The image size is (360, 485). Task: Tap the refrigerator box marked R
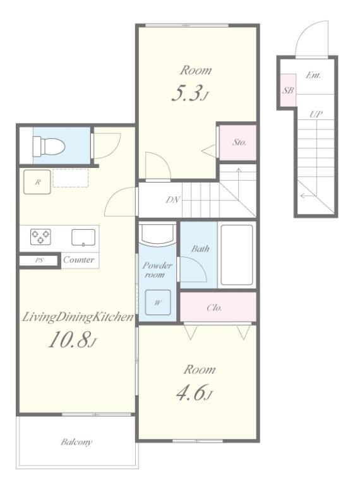37,182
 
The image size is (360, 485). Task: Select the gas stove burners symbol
40,237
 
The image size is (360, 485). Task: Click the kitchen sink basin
83,237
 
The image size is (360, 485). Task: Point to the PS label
39,260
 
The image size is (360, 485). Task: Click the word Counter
78,260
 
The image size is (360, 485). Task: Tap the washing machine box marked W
158,302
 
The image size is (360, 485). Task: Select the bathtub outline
237,255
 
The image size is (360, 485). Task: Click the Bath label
200,248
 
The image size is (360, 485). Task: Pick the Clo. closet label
214,308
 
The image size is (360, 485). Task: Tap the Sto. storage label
239,143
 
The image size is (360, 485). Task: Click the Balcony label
76,441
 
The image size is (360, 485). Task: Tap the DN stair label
173,200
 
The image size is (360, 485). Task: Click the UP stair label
316,114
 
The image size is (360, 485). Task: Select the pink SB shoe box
288,90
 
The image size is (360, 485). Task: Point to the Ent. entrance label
313,75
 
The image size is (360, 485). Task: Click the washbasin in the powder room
157,234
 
